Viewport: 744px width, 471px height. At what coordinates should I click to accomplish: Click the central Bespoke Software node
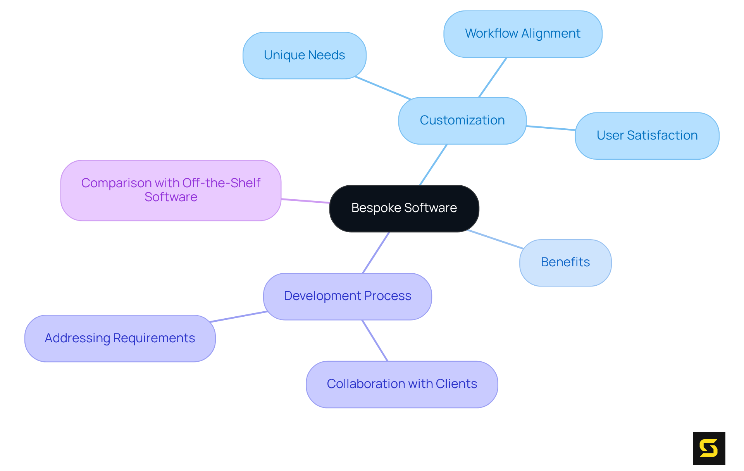404,208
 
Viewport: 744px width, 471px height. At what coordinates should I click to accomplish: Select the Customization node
462,121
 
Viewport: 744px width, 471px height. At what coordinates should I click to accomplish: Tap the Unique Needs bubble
304,55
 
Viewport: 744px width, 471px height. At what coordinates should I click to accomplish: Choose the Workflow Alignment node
523,34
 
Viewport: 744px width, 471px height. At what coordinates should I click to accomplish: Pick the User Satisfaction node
647,136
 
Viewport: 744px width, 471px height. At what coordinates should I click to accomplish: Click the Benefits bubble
565,262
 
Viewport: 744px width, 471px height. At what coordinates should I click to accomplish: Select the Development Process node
348,296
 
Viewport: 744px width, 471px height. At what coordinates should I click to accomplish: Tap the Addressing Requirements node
120,338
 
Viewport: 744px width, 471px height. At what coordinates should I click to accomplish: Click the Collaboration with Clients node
402,384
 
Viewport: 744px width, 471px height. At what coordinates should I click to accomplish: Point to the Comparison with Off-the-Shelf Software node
170,190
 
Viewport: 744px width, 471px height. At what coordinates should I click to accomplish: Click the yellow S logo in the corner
709,448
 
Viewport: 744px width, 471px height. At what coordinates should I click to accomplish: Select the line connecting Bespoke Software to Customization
434,165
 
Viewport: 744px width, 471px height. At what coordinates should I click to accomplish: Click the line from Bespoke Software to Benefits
496,239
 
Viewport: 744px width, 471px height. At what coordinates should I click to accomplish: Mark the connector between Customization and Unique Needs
383,88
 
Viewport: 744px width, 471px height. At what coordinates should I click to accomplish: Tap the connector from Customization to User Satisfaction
551,128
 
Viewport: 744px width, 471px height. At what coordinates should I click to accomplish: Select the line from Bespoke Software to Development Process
376,252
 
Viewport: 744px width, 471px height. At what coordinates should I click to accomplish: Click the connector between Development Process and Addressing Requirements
238,317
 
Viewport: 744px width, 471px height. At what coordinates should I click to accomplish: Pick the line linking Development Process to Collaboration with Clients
375,340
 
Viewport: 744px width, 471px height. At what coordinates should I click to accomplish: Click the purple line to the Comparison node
305,201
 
